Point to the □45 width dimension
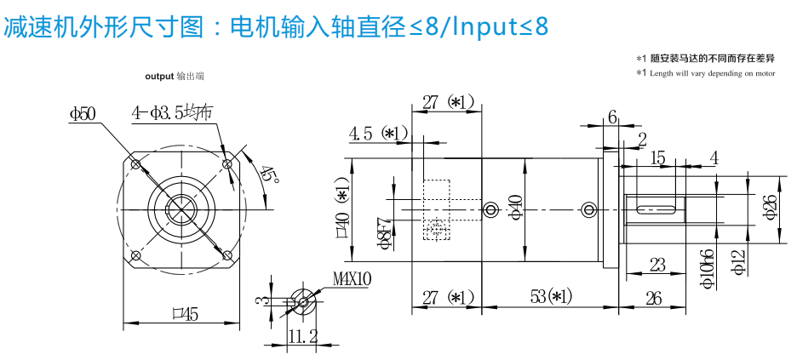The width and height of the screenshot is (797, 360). coord(184,314)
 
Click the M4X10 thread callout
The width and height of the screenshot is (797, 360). coord(352,278)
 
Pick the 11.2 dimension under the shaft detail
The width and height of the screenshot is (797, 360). coord(302,337)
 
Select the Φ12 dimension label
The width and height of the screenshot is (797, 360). coord(738,265)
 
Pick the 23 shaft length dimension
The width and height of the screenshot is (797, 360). coord(657,265)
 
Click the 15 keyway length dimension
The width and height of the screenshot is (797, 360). coord(657,158)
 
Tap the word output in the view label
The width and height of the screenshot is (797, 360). coord(159,76)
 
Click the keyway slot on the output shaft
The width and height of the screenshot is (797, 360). coord(657,207)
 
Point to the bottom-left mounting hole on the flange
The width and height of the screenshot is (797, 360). coord(135,254)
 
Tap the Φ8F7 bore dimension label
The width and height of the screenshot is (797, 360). coord(386,232)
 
